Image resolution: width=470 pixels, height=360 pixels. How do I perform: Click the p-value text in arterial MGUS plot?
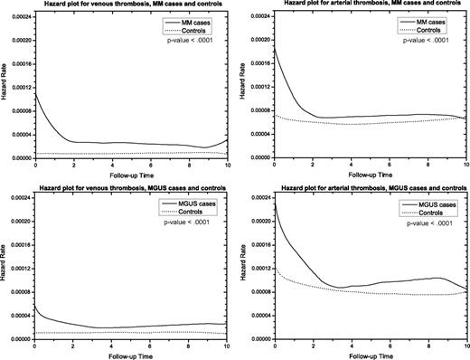click(x=427, y=226)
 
